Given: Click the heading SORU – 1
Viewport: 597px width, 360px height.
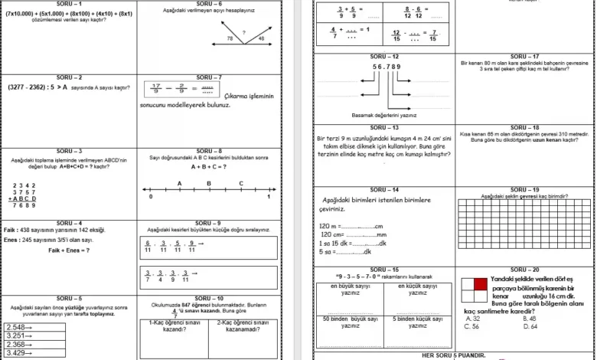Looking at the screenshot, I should [x=69, y=3].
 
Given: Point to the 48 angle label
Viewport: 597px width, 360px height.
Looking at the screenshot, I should [x=262, y=38].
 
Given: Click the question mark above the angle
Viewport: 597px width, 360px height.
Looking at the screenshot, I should [x=243, y=32].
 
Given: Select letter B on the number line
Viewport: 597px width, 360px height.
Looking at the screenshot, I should [x=210, y=184].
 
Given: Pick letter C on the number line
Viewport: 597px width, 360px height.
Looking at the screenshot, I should [x=240, y=184].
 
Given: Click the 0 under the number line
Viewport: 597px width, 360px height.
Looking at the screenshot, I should [x=151, y=198].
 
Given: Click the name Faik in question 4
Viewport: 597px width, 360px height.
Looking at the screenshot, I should [x=10, y=230].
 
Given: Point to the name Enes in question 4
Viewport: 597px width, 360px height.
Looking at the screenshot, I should [x=11, y=240].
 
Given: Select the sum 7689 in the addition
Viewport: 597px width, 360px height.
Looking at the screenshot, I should [x=24, y=205].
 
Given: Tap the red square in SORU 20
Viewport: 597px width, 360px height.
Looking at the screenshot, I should [x=480, y=283].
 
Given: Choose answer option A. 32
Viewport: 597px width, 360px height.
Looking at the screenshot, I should [x=473, y=319].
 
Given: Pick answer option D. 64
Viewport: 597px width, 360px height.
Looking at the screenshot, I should [x=530, y=326].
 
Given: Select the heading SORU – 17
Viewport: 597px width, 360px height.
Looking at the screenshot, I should [x=524, y=56].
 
